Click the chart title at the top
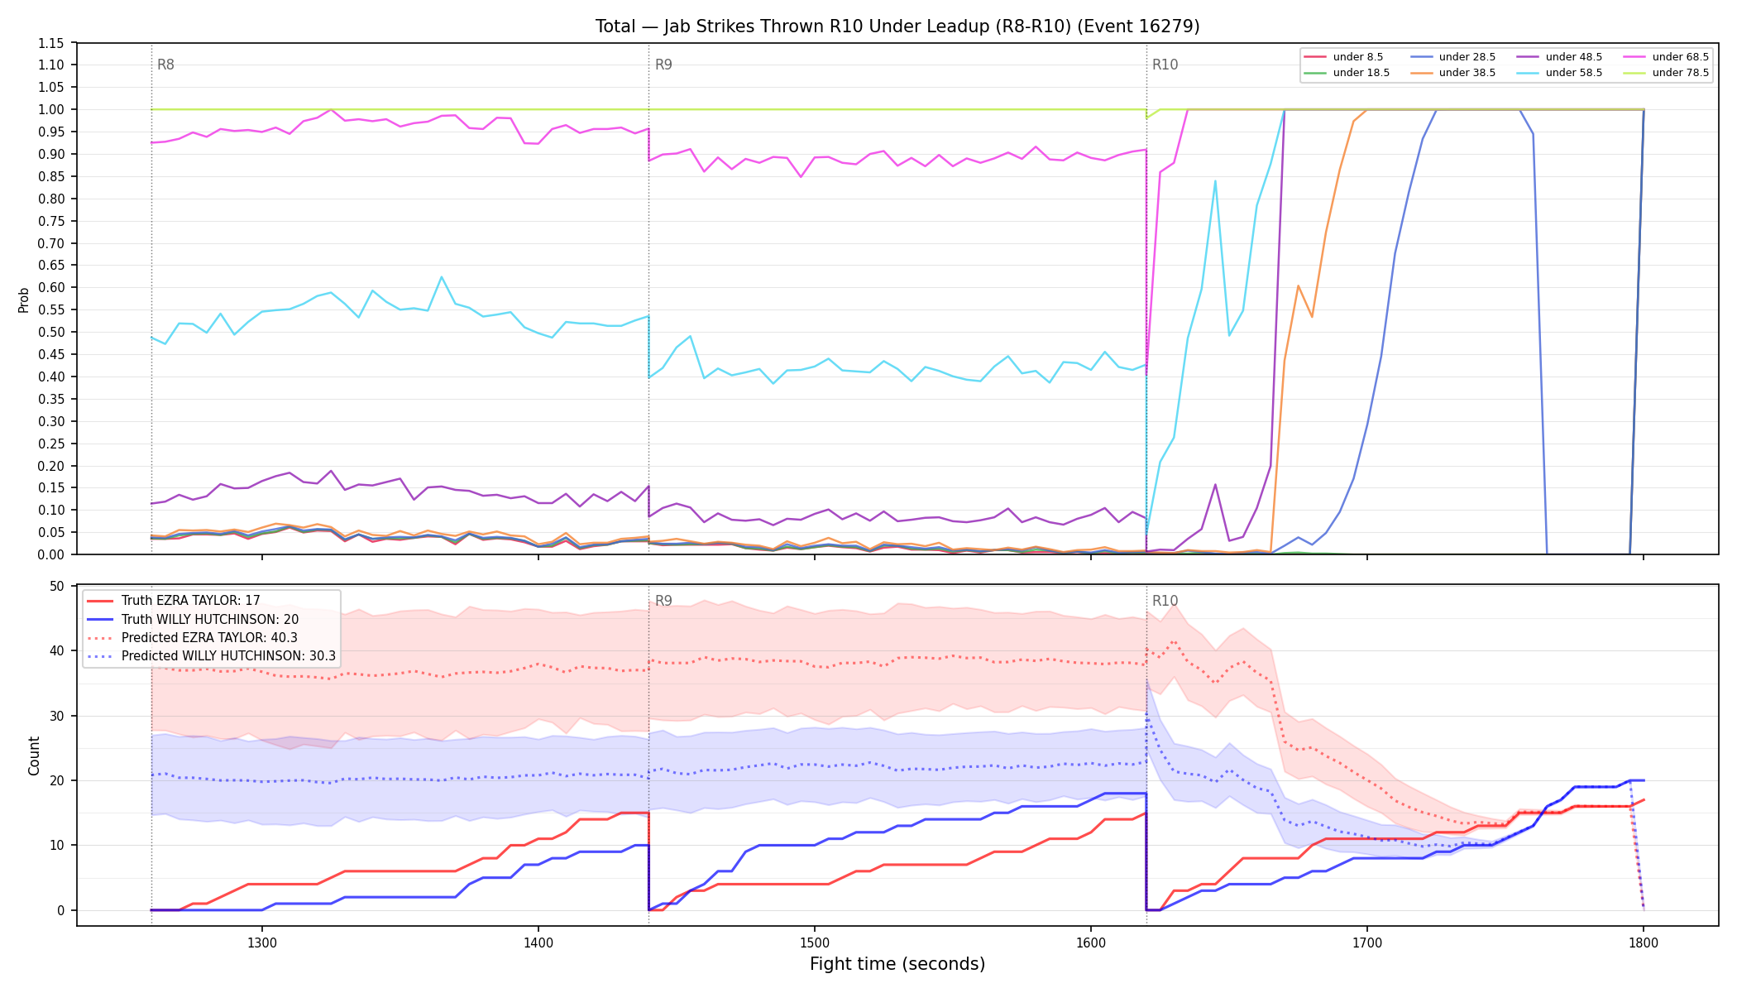coord(897,26)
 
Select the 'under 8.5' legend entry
coord(1343,57)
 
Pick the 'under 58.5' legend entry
coord(1559,73)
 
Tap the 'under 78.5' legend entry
coord(1666,73)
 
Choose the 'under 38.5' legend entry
coord(1452,73)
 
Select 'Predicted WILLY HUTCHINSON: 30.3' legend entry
coord(211,656)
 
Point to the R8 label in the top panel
coord(165,65)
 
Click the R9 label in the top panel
coord(663,65)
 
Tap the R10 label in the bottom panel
coord(1165,601)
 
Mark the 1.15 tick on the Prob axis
coord(50,43)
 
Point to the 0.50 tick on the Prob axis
coord(50,332)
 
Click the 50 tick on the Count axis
coord(57,586)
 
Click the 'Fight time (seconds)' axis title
coord(897,964)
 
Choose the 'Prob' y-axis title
coord(24,300)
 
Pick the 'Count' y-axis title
coord(34,756)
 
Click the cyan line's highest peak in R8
coord(442,277)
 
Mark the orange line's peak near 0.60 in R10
coord(1298,285)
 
